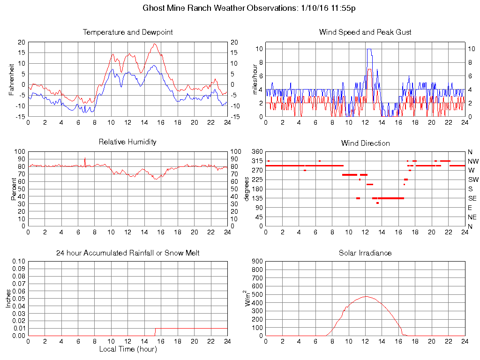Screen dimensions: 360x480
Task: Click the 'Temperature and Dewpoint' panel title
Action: point(127,32)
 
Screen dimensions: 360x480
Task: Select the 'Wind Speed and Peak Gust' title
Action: point(365,32)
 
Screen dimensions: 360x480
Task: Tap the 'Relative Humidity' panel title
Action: point(127,142)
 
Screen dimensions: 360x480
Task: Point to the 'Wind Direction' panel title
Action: point(365,143)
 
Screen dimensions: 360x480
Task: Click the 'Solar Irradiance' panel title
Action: point(365,253)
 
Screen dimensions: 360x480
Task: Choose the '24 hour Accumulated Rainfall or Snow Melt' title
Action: point(127,253)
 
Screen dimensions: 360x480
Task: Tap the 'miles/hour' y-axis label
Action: point(255,78)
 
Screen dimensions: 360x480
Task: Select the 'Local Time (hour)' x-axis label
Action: point(127,349)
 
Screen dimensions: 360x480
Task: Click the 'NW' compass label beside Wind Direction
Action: point(473,161)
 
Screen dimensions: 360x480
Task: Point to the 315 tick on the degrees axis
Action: point(257,161)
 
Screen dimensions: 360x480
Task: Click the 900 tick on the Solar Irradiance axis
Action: point(257,262)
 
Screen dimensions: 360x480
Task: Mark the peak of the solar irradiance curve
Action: point(366,296)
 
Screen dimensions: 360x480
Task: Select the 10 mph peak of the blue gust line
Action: point(369,49)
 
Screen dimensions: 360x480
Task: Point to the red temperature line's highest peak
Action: point(154,44)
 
